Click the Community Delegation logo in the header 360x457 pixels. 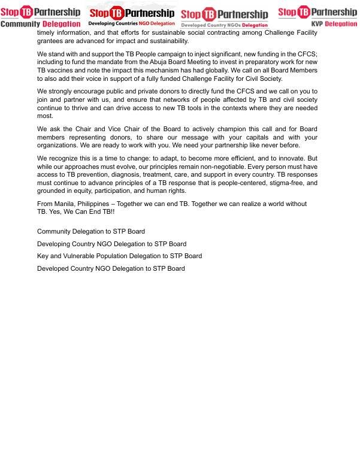point(40,16)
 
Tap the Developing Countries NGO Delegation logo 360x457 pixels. point(132,15)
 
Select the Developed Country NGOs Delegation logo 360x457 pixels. point(224,17)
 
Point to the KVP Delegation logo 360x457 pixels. point(317,16)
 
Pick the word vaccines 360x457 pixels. point(63,71)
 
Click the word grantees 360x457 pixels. point(51,41)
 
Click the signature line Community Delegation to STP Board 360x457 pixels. point(91,232)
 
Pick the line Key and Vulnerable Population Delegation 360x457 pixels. point(119,256)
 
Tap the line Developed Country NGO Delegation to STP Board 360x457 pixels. point(111,269)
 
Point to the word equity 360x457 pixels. point(86,191)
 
